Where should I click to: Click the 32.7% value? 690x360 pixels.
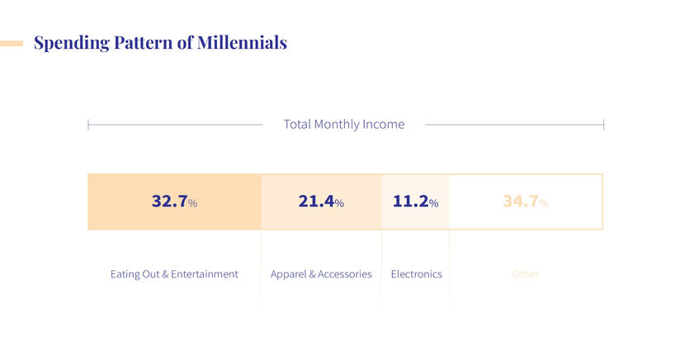pos(174,201)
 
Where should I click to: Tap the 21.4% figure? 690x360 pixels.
pos(321,201)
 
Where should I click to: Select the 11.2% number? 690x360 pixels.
pos(415,201)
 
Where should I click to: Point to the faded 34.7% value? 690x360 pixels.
pos(525,201)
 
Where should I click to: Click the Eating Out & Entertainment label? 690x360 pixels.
pos(174,274)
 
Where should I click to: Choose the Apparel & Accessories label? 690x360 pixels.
pos(321,274)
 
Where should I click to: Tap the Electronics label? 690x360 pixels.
pos(416,274)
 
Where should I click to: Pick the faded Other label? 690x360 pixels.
pos(525,274)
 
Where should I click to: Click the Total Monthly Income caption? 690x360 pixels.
pos(344,125)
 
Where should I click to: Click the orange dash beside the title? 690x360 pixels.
pos(12,43)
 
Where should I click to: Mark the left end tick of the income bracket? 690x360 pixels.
pos(88,125)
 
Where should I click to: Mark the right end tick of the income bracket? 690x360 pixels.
pos(603,125)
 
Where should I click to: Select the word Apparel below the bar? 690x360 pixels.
pos(288,274)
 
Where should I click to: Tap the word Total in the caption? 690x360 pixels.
pos(296,125)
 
